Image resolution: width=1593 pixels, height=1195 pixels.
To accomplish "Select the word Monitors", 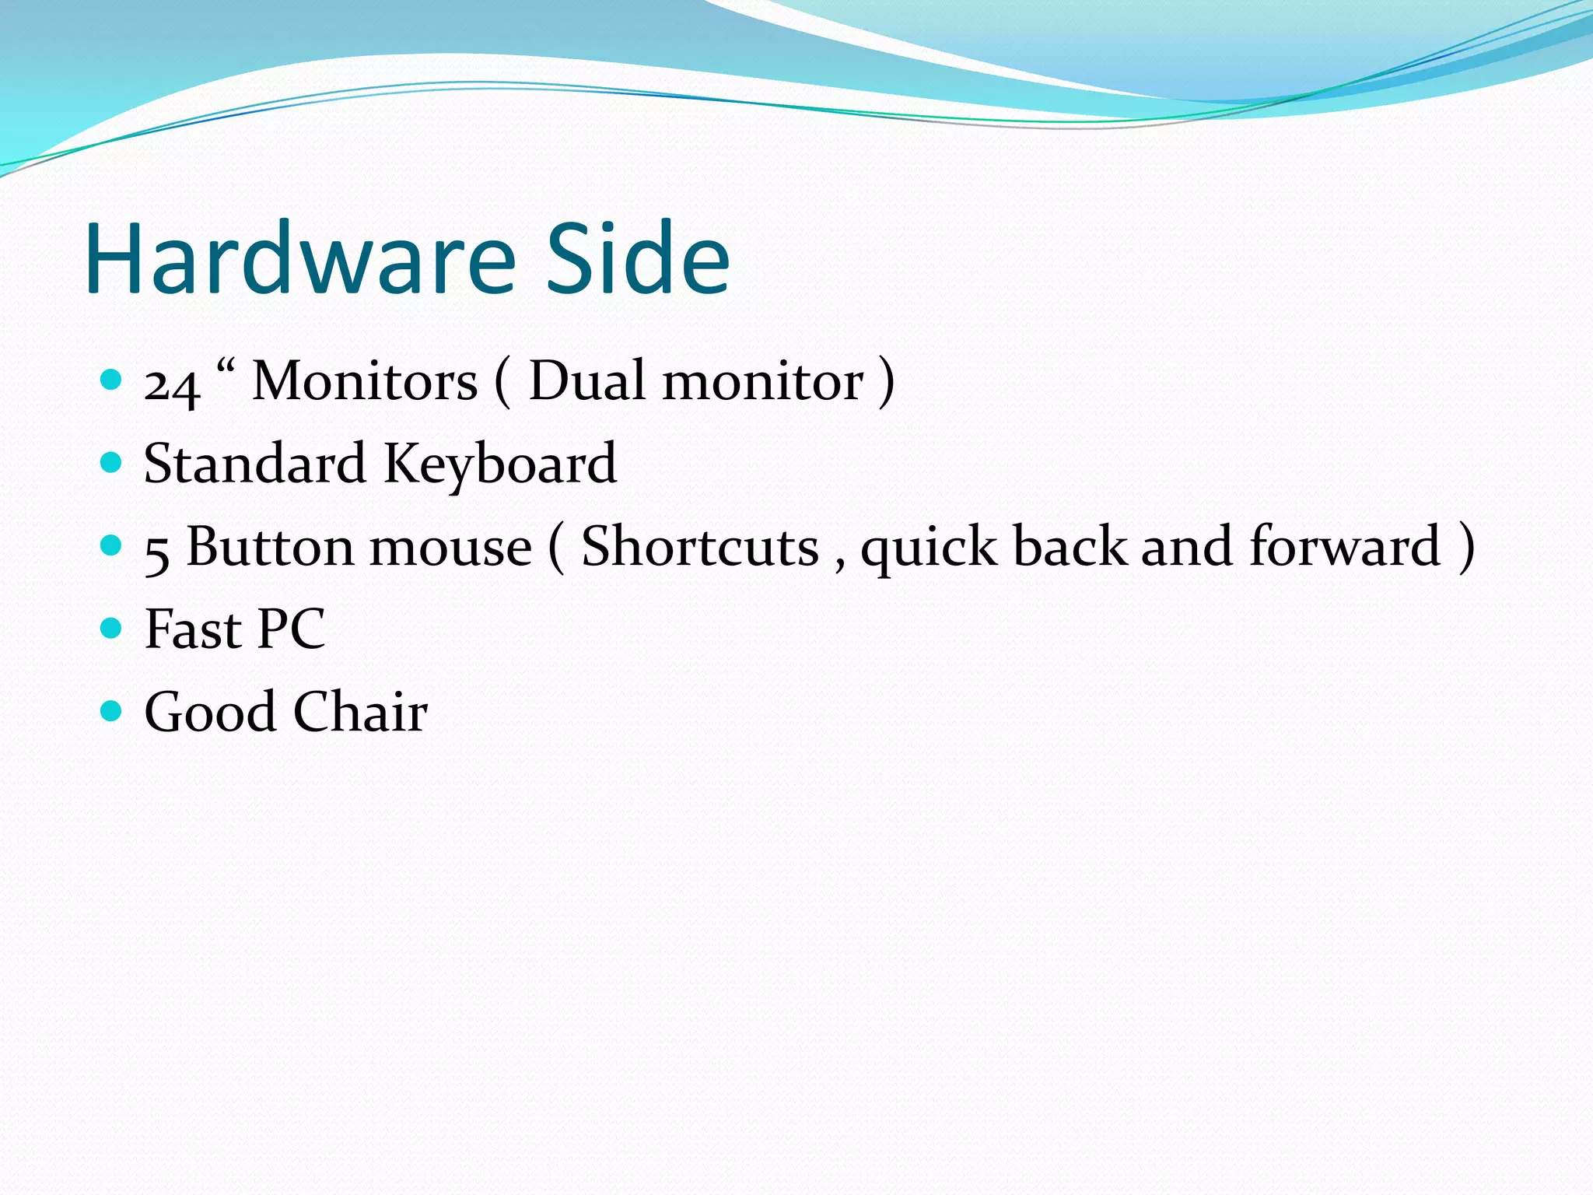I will pyautogui.click(x=365, y=381).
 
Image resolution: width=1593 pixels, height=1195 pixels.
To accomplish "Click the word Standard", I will pyautogui.click(x=255, y=464).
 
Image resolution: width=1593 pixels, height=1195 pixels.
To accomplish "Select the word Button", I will pyautogui.click(x=270, y=547).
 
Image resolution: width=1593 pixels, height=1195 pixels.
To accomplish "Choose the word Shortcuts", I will pyautogui.click(x=700, y=547).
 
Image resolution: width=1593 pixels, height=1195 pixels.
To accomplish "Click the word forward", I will pyautogui.click(x=1345, y=546).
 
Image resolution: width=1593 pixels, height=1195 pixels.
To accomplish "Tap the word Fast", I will pyautogui.click(x=193, y=629).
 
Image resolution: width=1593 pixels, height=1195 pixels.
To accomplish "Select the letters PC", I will pyautogui.click(x=291, y=629).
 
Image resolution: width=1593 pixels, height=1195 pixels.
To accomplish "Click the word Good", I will pyautogui.click(x=211, y=712).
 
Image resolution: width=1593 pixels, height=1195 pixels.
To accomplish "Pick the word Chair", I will pyautogui.click(x=360, y=712).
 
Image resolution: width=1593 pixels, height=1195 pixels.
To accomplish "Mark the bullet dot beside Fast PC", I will pyautogui.click(x=112, y=628).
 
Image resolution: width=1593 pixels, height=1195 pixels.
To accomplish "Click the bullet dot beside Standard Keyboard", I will pyautogui.click(x=112, y=463).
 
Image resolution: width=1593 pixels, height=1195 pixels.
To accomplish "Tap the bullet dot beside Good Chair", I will pyautogui.click(x=112, y=710).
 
